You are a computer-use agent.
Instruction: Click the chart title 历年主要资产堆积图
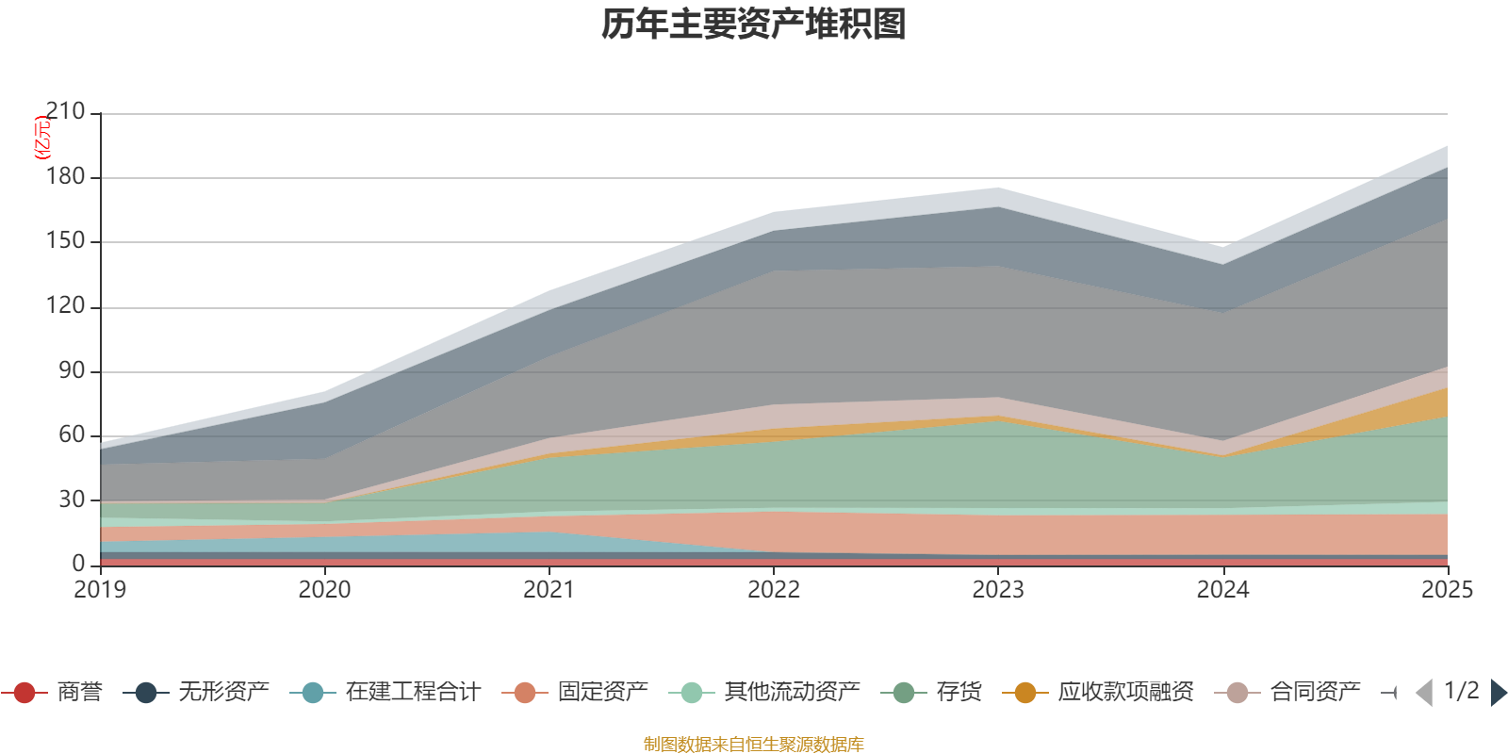click(754, 25)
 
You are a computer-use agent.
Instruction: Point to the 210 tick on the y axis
click(65, 112)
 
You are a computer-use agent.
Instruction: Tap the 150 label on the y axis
click(65, 241)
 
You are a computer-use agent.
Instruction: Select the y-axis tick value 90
click(72, 370)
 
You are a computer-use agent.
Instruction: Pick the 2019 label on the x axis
click(100, 590)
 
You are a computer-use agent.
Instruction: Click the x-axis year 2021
click(549, 590)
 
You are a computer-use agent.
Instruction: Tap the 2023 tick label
click(998, 590)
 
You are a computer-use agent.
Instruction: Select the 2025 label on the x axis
click(1446, 590)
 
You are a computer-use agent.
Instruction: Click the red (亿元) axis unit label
click(41, 138)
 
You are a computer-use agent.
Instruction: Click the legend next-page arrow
click(1498, 693)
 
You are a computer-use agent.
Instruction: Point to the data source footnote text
click(754, 745)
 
